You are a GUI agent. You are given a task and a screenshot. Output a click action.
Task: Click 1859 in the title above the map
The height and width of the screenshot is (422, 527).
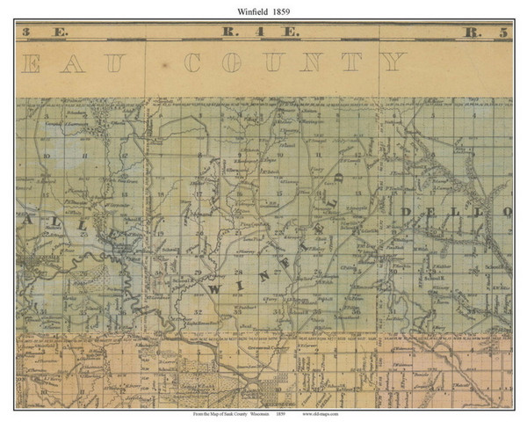click(x=285, y=10)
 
